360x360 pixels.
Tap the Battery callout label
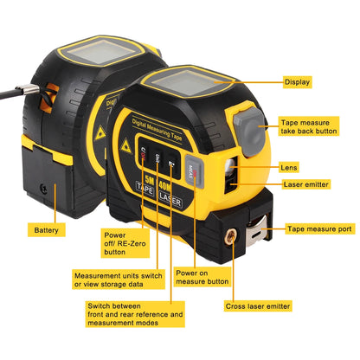click(x=47, y=230)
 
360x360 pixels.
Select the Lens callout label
click(x=291, y=167)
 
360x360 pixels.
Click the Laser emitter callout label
click(x=305, y=183)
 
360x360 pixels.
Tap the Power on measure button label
click(x=202, y=276)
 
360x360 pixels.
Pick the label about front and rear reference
click(x=135, y=315)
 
